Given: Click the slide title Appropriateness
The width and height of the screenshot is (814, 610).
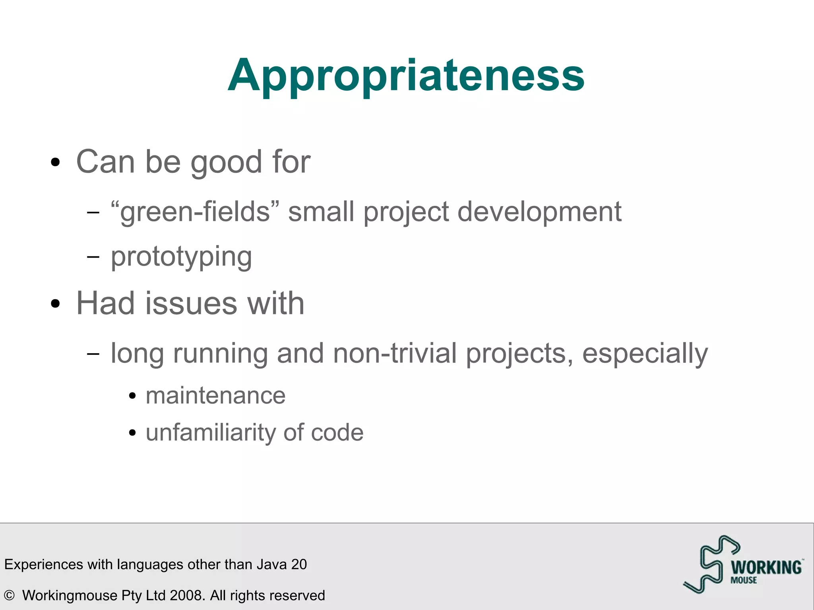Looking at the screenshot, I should [406, 76].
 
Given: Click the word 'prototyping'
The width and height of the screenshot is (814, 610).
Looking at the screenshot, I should [181, 257].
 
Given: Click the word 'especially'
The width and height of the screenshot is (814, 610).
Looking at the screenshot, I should [645, 353].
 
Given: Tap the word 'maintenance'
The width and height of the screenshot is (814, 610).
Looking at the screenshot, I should [215, 396].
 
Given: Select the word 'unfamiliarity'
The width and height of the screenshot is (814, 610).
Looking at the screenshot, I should [210, 432].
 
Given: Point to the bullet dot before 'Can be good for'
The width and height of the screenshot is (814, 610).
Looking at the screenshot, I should [56, 163].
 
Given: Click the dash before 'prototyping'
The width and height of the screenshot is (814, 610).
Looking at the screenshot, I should [93, 257].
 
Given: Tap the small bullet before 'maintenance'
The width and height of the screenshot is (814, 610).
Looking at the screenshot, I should [133, 396].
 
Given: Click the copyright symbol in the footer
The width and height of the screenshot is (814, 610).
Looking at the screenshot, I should [9, 595].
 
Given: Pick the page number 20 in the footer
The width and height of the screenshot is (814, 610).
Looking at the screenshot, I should [299, 564].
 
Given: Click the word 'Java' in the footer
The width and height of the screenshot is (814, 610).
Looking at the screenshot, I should [272, 564].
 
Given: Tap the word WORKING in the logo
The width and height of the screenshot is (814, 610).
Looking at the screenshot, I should [766, 567].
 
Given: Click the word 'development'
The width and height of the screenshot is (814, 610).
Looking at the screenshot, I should [539, 212].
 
